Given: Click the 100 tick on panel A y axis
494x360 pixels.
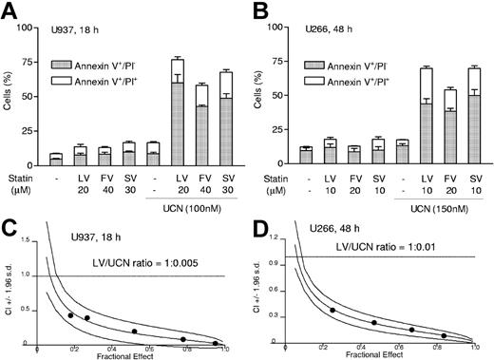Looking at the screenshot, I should pos(35,38).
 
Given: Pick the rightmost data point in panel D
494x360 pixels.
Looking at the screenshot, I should pos(445,335).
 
